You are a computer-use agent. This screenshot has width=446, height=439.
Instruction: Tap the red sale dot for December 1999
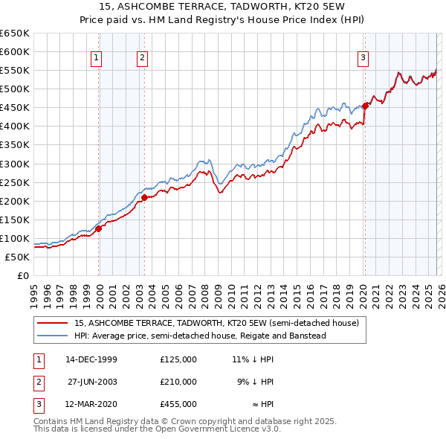(x=99, y=228)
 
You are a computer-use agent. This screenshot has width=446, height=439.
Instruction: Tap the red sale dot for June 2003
(x=145, y=197)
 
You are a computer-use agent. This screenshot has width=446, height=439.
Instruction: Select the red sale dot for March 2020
(x=365, y=106)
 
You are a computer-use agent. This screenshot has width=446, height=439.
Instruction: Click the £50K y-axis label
(x=16, y=257)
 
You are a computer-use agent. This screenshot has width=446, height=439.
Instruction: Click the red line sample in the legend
(x=53, y=323)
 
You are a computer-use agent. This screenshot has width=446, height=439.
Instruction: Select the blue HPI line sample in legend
(x=53, y=336)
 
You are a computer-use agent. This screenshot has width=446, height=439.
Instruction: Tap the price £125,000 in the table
(x=178, y=359)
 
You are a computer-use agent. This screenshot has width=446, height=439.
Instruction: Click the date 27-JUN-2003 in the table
(x=91, y=382)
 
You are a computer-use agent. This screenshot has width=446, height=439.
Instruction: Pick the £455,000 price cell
(x=178, y=404)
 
